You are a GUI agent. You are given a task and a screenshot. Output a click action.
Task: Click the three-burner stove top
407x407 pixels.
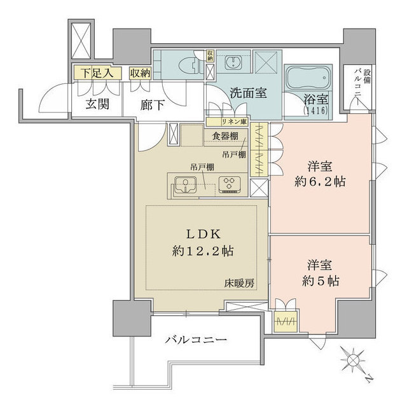229,185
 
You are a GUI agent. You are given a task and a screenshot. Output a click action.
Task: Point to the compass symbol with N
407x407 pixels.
357,362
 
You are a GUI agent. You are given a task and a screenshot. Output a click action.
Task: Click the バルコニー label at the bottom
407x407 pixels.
195,340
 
